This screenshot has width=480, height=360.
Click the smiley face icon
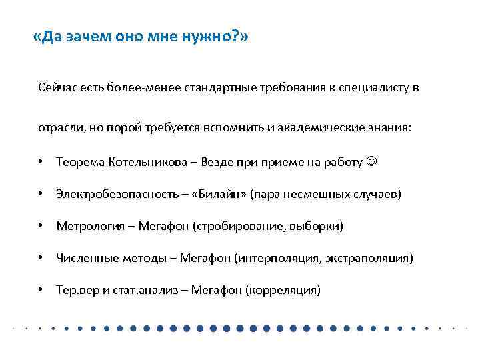(371, 162)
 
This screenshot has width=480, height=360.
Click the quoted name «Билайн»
(222, 194)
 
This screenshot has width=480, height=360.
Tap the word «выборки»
(317, 226)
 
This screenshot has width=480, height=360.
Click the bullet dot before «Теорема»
(41, 162)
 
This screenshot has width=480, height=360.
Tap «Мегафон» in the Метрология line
(166, 226)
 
